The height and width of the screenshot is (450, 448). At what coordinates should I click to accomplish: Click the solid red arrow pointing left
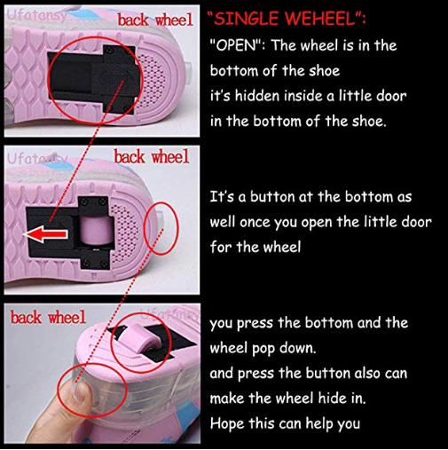pos(45,233)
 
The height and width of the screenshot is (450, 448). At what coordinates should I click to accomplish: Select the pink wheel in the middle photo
pos(97,229)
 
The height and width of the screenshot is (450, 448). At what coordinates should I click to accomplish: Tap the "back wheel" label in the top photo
pos(155,20)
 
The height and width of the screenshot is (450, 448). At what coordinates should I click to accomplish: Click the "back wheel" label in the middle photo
pos(152,156)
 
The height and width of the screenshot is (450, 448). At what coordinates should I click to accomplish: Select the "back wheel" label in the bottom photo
pos(48,317)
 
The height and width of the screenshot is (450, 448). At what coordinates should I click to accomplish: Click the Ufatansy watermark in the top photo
pos(36,14)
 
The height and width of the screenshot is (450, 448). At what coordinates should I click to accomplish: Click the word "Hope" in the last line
pos(227,423)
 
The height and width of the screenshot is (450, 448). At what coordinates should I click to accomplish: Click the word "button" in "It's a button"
pos(272,197)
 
